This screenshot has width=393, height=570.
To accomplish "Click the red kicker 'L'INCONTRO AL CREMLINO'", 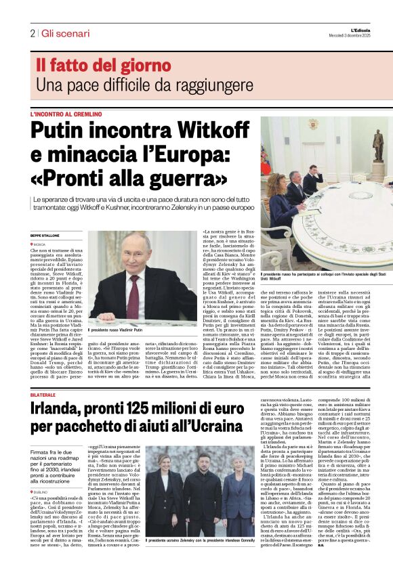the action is pyautogui.click(x=66, y=114).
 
